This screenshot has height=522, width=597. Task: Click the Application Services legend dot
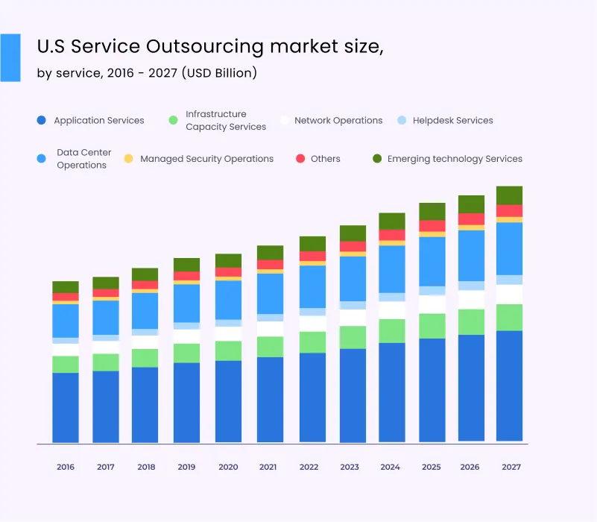pos(41,120)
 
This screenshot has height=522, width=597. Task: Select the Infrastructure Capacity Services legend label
pos(226,120)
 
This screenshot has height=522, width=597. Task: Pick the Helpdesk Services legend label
pos(454,120)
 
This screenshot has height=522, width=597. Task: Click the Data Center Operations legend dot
pos(41,158)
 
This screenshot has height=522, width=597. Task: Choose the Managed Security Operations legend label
pos(206,159)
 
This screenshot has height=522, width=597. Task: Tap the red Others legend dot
pos(301,159)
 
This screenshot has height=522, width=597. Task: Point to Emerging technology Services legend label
pos(455,159)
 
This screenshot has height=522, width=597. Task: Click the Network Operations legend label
pos(338,120)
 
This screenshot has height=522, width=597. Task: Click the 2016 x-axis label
pos(66,467)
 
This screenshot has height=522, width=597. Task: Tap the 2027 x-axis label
pos(511,467)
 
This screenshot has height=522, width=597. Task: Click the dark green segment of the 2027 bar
pos(509,195)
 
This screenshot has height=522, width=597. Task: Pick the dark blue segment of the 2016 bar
pos(66,407)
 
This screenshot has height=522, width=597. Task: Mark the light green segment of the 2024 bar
pos(391,330)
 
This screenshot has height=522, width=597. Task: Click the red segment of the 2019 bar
pos(186,276)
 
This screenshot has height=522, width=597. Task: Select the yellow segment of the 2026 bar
pos(471,227)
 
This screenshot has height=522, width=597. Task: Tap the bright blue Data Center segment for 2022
pos(312,286)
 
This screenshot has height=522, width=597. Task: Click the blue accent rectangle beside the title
pos(10,57)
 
